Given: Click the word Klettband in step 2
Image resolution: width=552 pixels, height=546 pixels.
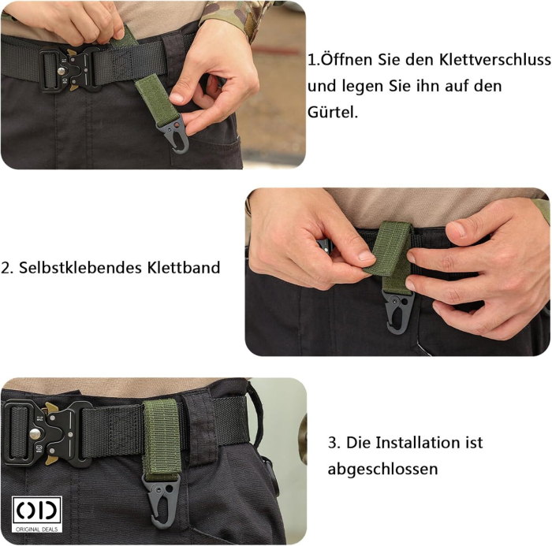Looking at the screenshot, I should pos(183,268).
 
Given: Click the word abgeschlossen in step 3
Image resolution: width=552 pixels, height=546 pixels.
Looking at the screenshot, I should pos(382,469).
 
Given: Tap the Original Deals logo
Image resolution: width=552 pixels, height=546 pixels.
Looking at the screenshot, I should pos(35,512).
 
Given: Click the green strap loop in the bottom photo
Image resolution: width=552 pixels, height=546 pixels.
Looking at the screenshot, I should pos(161,433).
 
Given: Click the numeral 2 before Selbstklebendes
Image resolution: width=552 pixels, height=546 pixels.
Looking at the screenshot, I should pos(6,268).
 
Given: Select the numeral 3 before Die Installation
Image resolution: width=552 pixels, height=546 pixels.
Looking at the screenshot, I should pos(332,442).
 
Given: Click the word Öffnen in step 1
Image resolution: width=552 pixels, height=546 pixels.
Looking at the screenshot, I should pos(342,60).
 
